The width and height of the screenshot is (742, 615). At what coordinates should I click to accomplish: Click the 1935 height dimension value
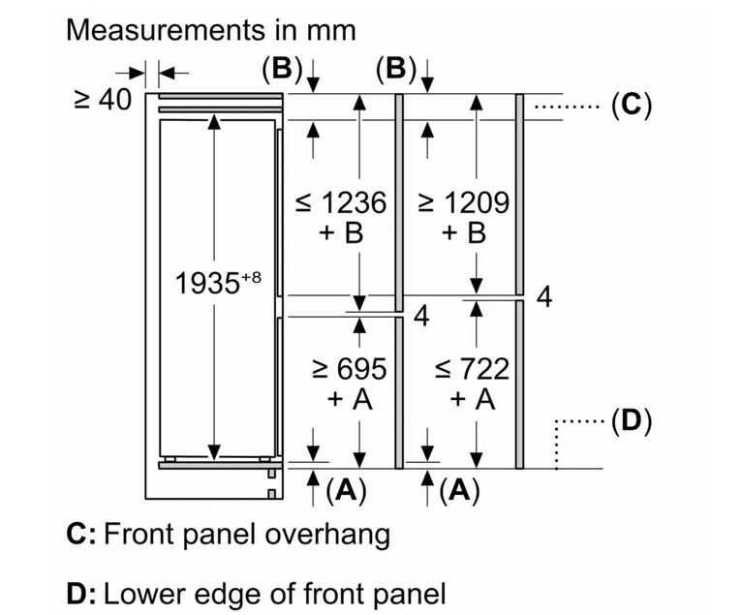207,284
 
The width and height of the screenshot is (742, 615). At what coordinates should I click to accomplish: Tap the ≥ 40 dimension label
103,100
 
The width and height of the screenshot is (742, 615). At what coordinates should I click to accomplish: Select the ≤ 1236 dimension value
341,202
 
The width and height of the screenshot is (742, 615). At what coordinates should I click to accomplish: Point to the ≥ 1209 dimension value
464,202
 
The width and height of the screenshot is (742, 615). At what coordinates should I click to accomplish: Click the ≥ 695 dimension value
350,369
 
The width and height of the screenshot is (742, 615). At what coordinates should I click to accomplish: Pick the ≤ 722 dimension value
473,369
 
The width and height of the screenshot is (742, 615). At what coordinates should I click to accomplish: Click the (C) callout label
632,105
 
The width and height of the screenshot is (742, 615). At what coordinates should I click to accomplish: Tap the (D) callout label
632,420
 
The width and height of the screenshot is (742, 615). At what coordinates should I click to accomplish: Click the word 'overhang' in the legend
327,536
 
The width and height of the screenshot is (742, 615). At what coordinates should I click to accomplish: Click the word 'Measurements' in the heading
166,30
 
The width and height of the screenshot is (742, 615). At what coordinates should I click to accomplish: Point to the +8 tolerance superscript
251,277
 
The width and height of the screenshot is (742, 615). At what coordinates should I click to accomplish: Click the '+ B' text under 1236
341,233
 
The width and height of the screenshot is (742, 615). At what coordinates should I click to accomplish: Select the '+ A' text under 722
473,400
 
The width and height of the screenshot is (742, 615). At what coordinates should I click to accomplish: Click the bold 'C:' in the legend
81,535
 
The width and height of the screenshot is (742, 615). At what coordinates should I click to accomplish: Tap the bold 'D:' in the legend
81,595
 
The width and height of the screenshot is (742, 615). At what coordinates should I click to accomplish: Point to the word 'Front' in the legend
139,535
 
